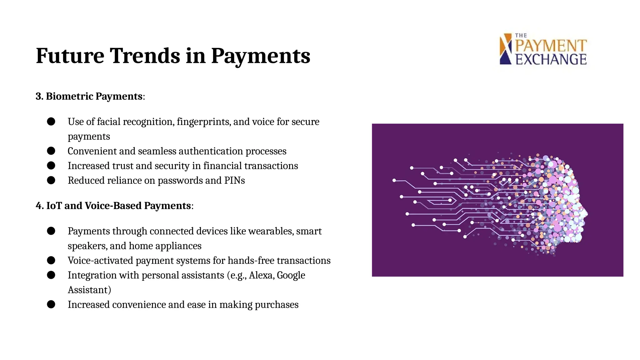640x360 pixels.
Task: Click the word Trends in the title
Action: pos(145,56)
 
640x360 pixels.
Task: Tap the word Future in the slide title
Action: pos(70,56)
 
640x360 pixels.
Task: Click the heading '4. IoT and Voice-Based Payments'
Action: pos(114,206)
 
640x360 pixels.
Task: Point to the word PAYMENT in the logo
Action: pos(551,46)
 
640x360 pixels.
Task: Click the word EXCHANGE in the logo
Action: pos(551,59)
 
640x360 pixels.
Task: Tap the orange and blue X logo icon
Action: pos(506,49)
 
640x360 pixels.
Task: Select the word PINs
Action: pos(234,181)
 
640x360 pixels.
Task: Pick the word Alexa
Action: pos(262,275)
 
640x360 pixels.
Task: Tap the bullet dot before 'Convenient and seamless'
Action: pos(51,151)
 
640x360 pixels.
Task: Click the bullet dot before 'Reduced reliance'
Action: pos(51,180)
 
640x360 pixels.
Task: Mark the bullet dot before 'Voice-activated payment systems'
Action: pos(51,260)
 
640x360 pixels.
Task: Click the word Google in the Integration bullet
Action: pos(291,275)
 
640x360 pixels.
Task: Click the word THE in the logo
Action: pos(521,36)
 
